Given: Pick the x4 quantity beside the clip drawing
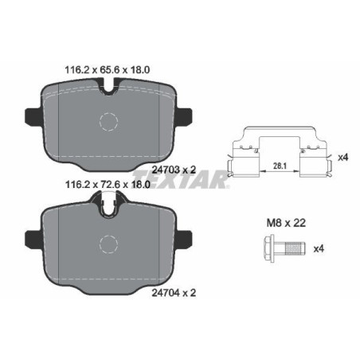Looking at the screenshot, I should tap(344, 156).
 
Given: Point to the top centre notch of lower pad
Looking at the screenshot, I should tap(108, 209).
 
